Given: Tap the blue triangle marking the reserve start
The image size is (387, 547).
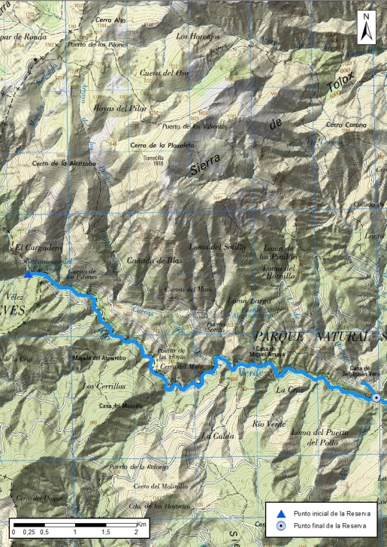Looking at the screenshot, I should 29,273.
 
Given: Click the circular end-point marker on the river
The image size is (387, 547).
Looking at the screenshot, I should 376,397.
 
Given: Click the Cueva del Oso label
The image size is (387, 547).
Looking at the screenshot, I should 164,73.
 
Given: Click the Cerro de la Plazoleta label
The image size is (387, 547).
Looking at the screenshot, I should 158,145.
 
